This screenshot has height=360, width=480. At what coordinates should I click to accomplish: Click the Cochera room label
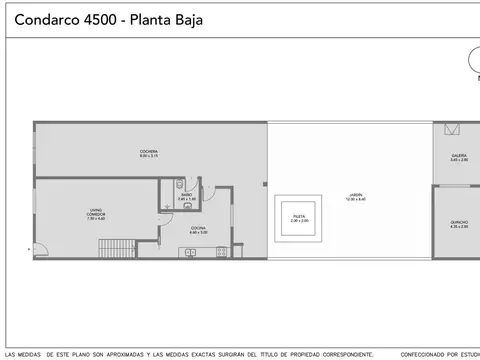[149, 153]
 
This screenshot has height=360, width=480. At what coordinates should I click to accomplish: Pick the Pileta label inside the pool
[299, 217]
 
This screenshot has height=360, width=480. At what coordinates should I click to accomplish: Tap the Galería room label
[459, 158]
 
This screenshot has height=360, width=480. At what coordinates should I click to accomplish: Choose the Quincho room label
[459, 224]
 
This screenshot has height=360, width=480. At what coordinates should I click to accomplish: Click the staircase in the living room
[119, 247]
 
